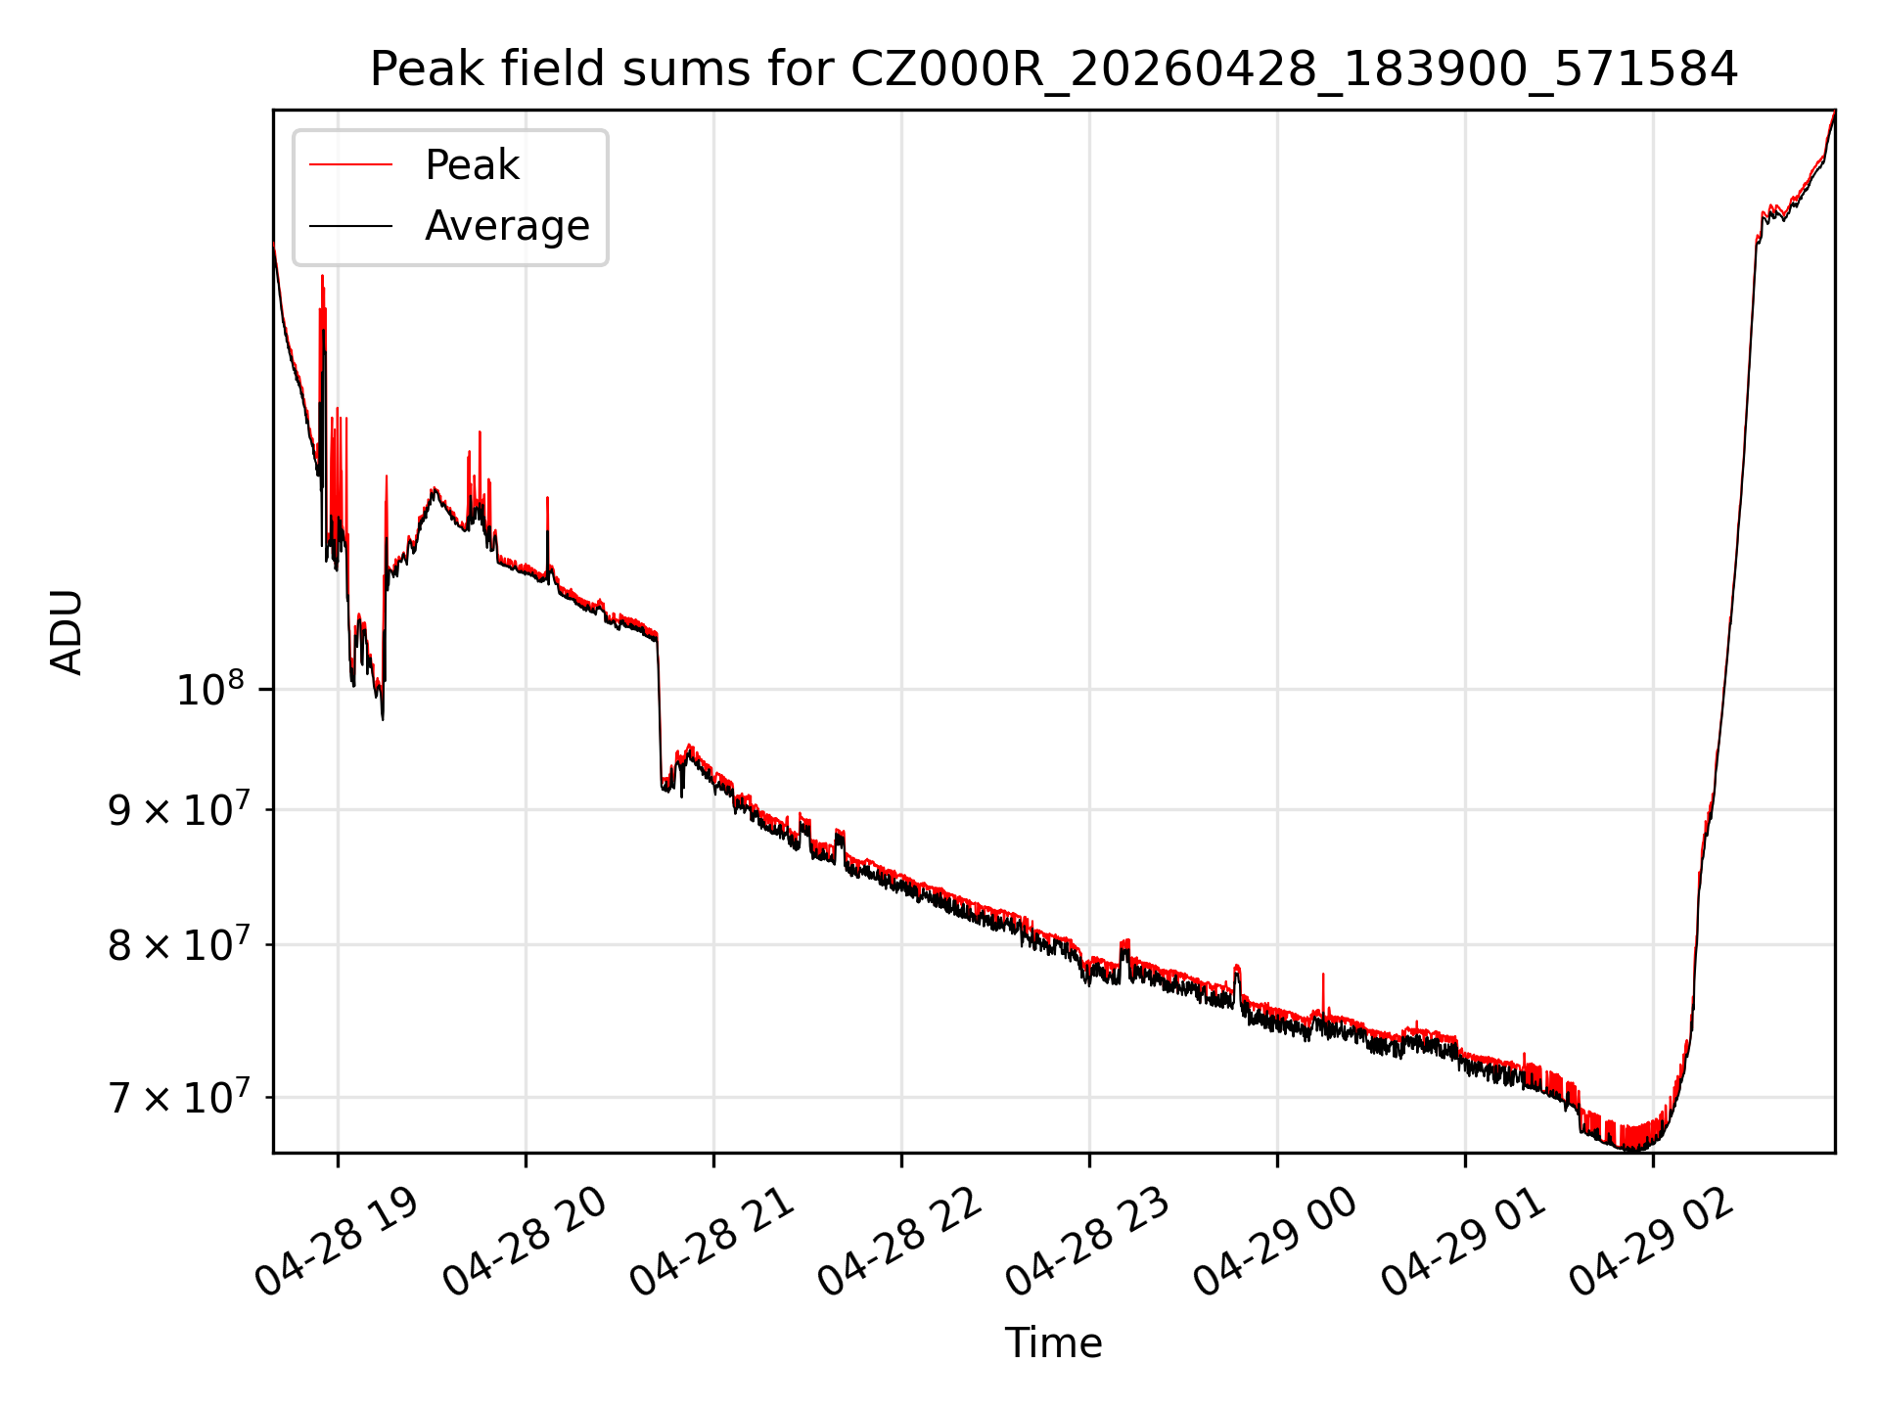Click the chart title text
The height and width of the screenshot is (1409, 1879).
[x=1053, y=69]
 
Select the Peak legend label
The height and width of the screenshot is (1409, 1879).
[x=472, y=165]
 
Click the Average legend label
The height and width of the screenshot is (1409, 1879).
[x=507, y=226]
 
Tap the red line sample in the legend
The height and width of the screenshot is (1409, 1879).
[x=350, y=165]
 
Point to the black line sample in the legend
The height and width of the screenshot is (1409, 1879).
[x=350, y=226]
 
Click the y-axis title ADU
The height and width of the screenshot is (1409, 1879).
[x=67, y=632]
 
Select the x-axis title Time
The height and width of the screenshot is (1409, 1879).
[x=1053, y=1343]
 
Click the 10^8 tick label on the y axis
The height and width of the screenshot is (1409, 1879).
[x=210, y=689]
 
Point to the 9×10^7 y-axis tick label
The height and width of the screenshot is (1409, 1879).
[x=179, y=809]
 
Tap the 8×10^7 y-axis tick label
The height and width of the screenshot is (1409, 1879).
[x=179, y=944]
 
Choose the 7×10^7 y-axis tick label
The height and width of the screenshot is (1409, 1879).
[x=179, y=1097]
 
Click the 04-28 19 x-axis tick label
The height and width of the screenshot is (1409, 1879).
[x=337, y=1243]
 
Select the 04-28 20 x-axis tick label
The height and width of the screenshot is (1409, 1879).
[x=525, y=1243]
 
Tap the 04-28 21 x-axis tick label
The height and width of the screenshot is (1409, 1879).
[x=712, y=1243]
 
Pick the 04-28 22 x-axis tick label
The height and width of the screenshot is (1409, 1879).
[x=900, y=1243]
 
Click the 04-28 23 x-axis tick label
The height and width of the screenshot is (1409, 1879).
[x=1088, y=1243]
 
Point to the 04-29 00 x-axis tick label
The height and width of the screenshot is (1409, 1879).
[x=1276, y=1243]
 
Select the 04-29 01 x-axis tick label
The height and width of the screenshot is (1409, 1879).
[x=1464, y=1243]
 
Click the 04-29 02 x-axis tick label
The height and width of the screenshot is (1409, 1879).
[x=1652, y=1243]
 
